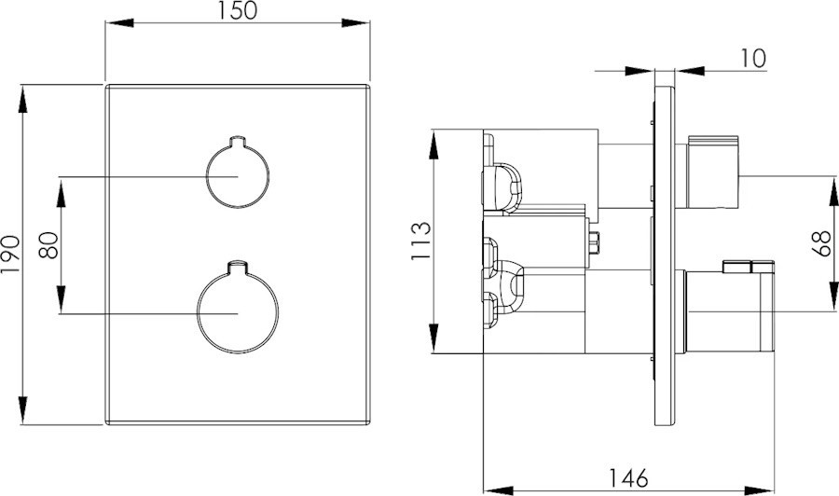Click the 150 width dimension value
(238, 10)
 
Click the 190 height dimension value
(10, 255)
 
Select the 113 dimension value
(420, 241)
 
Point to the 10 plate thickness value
(753, 59)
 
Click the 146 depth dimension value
(628, 477)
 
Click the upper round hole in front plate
(238, 172)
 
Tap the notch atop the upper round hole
(238, 140)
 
